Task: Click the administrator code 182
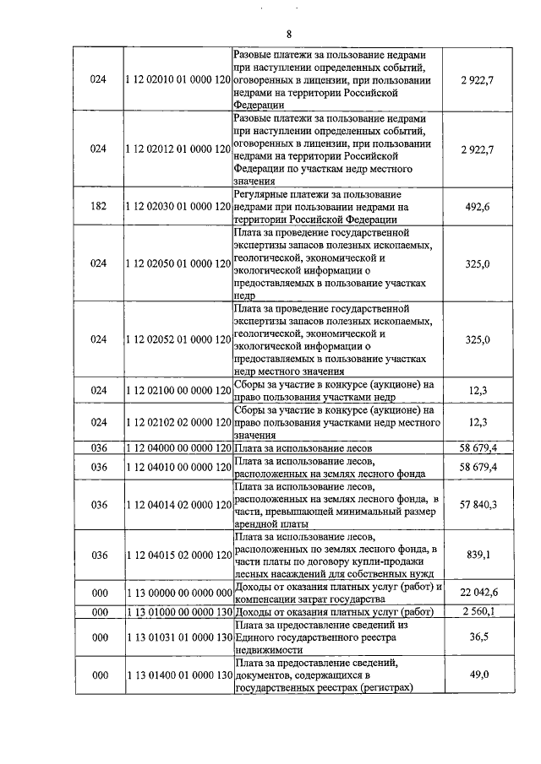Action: (x=99, y=206)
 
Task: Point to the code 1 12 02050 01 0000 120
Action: (x=178, y=263)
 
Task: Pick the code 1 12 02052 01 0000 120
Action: (x=178, y=339)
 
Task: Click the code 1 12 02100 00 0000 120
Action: (x=178, y=390)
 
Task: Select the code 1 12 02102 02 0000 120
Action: (x=178, y=421)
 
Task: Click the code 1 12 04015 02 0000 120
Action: (x=178, y=555)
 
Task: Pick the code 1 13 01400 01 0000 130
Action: (x=178, y=675)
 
